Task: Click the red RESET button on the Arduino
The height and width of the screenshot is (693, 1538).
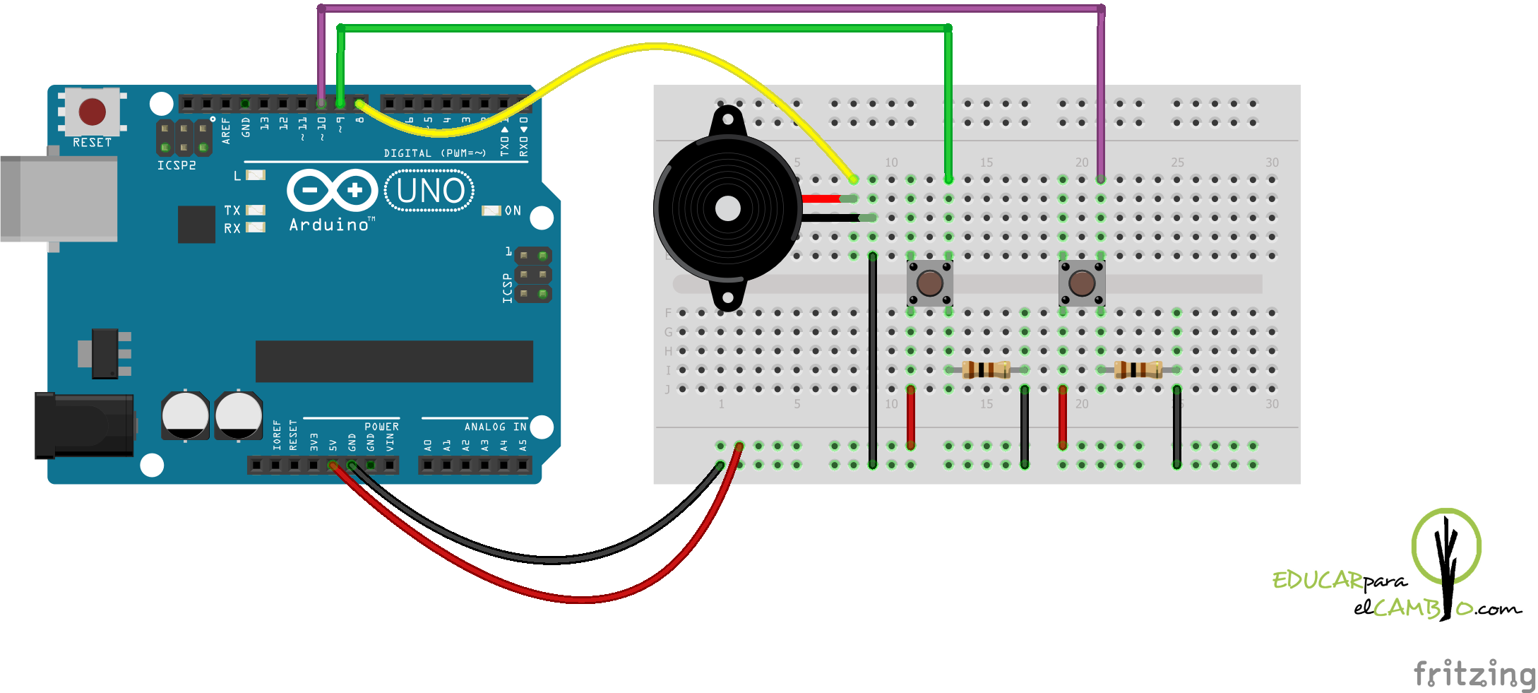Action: (92, 112)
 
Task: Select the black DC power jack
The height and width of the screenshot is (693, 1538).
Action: (85, 425)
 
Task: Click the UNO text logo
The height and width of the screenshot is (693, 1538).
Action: (430, 191)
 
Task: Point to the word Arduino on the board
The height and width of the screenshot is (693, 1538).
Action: (329, 225)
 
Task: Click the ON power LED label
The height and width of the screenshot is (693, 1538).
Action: (513, 211)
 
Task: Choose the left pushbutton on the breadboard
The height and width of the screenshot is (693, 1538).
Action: (929, 283)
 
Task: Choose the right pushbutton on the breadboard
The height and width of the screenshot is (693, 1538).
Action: (1081, 283)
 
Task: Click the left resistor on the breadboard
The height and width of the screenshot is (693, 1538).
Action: (986, 369)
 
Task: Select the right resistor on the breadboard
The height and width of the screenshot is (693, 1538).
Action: (1138, 369)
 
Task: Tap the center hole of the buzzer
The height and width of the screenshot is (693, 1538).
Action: (728, 208)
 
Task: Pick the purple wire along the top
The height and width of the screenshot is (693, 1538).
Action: (706, 8)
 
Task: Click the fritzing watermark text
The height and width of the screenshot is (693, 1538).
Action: (1474, 673)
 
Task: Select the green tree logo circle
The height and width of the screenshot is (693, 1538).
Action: (1445, 546)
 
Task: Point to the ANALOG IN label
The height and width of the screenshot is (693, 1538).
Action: (495, 427)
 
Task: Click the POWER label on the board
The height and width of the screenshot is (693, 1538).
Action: (381, 427)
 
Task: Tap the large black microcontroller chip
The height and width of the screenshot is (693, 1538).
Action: (394, 361)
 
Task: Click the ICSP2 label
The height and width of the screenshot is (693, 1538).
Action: (177, 165)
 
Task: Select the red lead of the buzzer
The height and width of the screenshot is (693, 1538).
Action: (821, 199)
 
